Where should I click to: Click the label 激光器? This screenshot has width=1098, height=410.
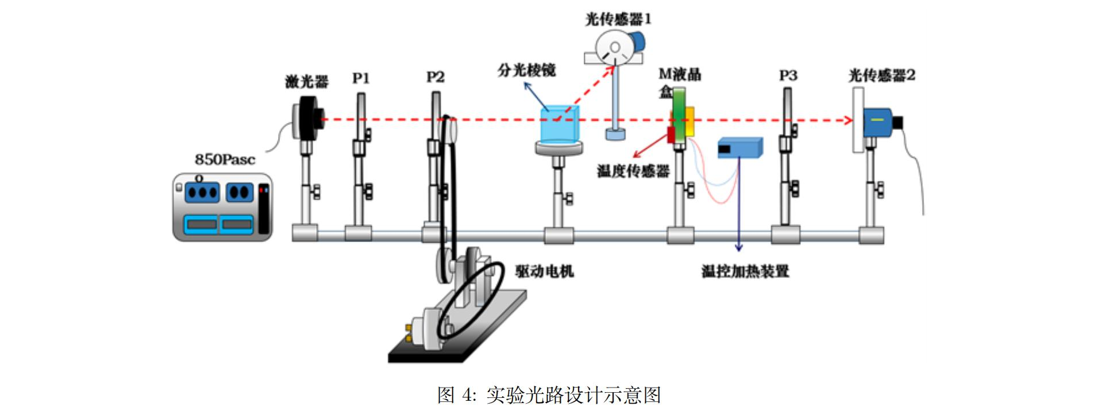[307, 82]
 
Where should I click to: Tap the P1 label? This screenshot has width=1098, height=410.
[361, 78]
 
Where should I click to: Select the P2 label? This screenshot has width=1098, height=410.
[435, 77]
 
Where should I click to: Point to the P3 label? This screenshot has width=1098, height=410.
[788, 76]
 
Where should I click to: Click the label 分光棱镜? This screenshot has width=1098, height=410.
[526, 71]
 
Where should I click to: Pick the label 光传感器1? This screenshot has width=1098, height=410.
[618, 20]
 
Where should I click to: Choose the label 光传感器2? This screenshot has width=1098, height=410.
[881, 75]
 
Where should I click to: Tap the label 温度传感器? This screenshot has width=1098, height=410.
[633, 171]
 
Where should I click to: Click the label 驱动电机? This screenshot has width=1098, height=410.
[544, 271]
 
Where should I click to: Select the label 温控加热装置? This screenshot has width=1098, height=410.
[745, 271]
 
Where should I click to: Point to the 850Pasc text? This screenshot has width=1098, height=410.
[225, 160]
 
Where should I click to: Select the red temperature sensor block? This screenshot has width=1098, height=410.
[671, 135]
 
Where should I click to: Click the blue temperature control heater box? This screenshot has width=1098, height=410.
[739, 148]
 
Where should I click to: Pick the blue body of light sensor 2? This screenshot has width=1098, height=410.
[877, 122]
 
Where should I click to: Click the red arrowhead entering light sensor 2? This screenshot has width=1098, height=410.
[848, 120]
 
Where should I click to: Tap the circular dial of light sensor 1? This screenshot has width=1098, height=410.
[613, 47]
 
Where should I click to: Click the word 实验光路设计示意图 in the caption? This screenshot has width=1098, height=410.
[573, 395]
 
